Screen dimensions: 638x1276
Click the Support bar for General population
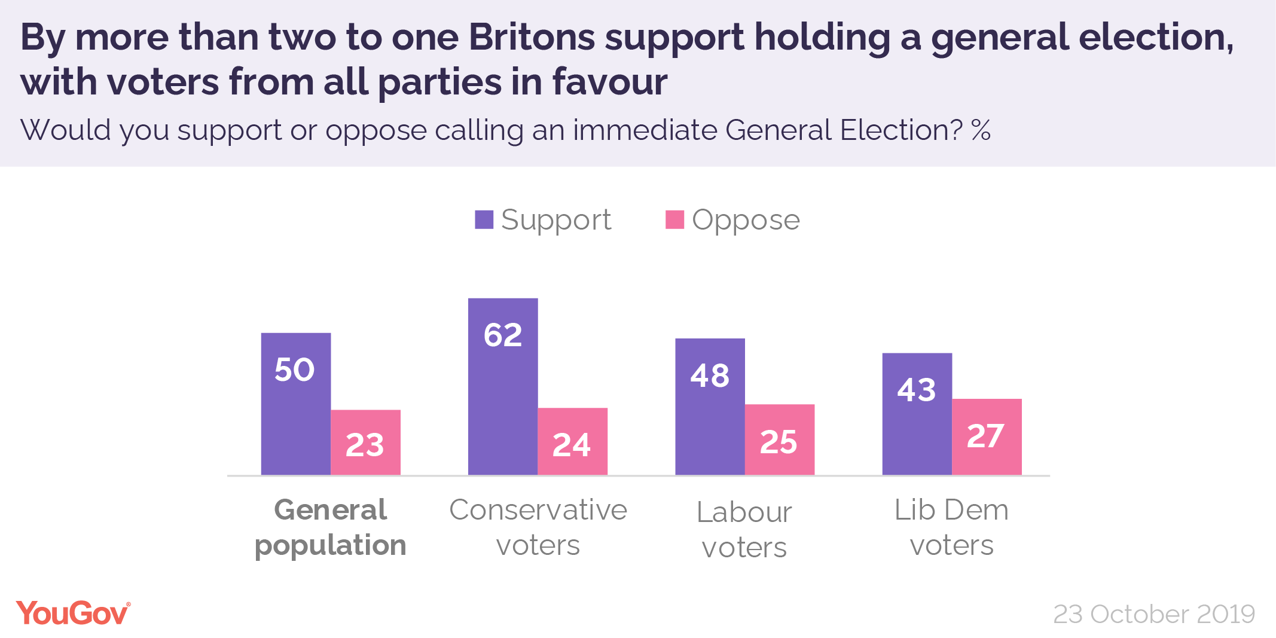click(x=296, y=404)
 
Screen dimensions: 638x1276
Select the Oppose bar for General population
click(x=365, y=442)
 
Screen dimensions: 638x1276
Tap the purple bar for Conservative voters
click(x=503, y=386)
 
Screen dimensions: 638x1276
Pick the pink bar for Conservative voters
click(x=572, y=441)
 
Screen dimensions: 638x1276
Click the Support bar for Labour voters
click(x=710, y=407)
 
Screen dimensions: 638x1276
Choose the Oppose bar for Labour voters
click(x=779, y=439)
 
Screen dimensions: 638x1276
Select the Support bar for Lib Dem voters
click(x=917, y=414)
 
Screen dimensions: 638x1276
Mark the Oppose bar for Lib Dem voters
click(x=987, y=436)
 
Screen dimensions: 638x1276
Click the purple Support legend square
click(x=484, y=219)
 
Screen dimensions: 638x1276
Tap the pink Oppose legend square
click(x=674, y=219)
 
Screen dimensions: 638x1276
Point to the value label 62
click(x=503, y=335)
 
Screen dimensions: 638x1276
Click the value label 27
click(x=985, y=436)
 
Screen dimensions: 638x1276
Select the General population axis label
click(x=331, y=527)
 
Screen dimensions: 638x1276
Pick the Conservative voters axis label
click(x=538, y=527)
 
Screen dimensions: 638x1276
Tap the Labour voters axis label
click(x=744, y=529)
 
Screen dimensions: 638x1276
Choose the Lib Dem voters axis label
click(x=951, y=527)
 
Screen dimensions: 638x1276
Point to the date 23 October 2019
click(x=1153, y=614)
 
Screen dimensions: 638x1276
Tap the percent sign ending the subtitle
click(x=981, y=130)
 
